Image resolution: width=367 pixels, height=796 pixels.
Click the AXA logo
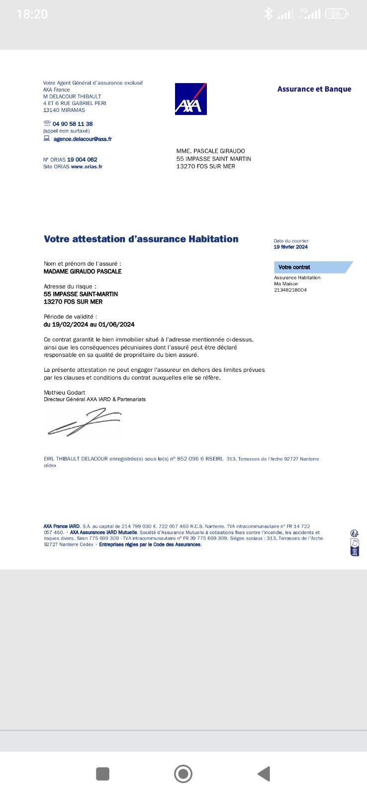click(190, 99)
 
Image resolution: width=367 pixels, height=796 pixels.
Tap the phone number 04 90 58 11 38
click(73, 123)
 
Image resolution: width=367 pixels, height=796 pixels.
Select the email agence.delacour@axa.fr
click(83, 139)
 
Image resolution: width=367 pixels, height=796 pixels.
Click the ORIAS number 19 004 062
click(82, 159)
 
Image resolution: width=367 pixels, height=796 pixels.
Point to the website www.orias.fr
click(87, 166)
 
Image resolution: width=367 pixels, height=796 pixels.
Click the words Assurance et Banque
click(314, 89)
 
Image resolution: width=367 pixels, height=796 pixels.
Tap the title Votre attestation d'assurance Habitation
click(141, 239)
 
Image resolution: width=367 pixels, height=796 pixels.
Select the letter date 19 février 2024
click(290, 247)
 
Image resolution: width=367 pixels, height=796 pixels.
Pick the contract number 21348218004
click(290, 290)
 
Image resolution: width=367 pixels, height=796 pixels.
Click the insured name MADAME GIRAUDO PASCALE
click(83, 271)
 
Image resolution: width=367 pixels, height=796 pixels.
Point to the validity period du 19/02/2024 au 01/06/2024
click(89, 325)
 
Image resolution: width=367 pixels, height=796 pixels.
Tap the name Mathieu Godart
click(64, 392)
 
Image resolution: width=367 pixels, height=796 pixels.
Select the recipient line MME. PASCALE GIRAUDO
click(210, 151)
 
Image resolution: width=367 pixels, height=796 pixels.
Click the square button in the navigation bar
click(102, 774)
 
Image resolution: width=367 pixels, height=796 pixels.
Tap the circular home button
click(183, 774)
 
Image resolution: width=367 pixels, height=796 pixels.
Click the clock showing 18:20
click(32, 14)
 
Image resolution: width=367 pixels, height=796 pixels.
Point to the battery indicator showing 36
click(336, 14)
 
